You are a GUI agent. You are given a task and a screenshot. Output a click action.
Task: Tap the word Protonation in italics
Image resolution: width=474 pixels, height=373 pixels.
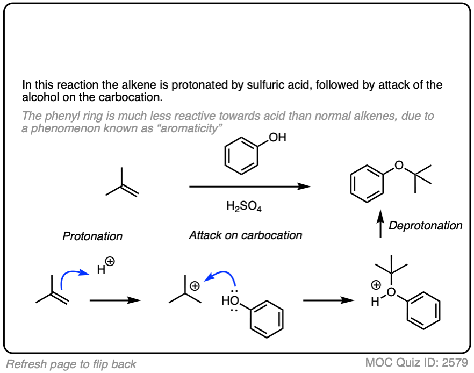point(92,236)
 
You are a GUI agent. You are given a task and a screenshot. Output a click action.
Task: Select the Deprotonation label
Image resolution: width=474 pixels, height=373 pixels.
point(425,225)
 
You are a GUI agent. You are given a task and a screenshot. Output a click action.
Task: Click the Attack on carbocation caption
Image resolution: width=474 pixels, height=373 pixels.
point(245,235)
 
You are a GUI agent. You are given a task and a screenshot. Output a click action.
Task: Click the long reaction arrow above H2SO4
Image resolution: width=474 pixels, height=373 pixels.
point(250,186)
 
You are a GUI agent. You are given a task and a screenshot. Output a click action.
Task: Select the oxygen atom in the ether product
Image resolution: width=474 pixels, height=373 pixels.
point(398,163)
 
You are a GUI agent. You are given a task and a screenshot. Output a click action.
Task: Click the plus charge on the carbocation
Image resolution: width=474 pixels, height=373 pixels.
point(196,286)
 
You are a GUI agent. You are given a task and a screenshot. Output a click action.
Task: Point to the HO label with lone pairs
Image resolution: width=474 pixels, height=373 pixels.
point(227,301)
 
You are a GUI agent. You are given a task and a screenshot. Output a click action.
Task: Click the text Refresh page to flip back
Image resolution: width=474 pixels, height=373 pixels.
point(71,364)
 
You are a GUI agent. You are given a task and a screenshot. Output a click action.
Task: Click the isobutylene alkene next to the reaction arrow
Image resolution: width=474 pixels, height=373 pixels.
point(123,184)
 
